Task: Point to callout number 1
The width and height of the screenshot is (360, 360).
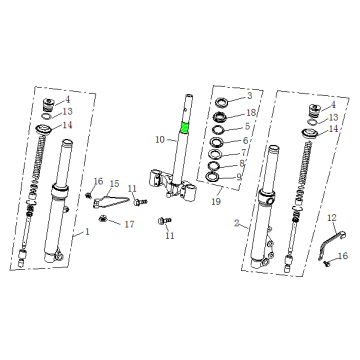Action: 87,232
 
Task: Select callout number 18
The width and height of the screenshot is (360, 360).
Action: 251,113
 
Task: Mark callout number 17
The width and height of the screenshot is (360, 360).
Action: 128,224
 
